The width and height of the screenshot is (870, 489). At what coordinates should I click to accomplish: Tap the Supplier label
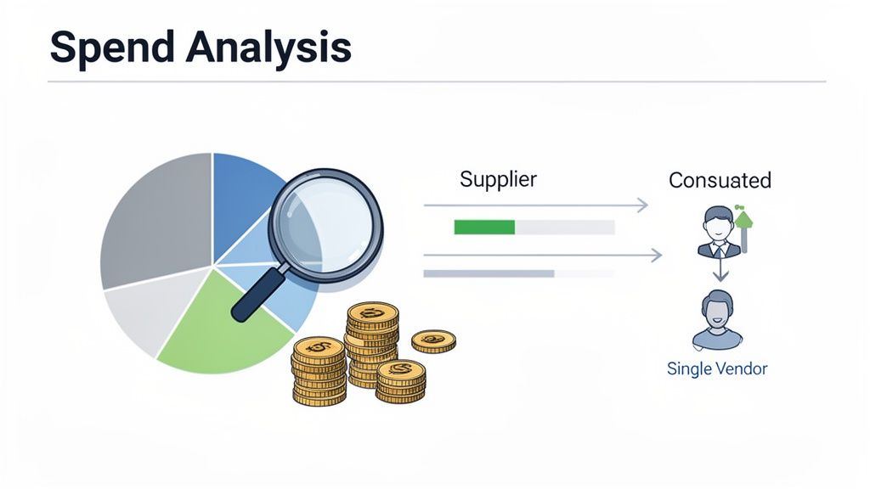[498, 179]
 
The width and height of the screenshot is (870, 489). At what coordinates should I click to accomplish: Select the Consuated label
[720, 180]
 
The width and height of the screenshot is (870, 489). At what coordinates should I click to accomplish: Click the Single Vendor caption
[717, 369]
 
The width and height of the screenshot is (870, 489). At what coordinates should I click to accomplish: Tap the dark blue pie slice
[242, 191]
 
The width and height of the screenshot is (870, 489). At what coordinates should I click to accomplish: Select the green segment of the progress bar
[484, 227]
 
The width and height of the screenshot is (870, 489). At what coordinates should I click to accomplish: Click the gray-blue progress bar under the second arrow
[489, 273]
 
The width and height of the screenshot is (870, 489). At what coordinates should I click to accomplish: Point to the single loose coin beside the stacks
[433, 341]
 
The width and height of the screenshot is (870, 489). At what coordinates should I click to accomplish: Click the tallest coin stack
[371, 340]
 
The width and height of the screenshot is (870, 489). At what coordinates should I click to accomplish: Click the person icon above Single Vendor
[717, 319]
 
